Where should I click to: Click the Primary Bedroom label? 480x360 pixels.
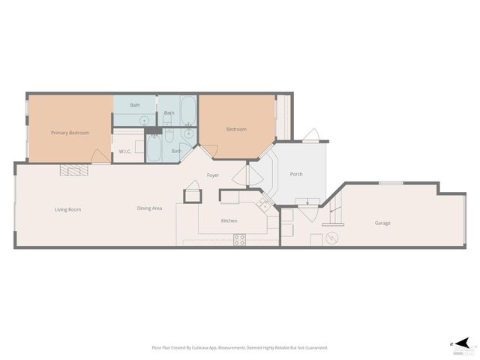(x=70, y=133)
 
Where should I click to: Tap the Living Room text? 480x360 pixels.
(x=67, y=209)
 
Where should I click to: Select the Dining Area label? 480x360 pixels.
(x=149, y=208)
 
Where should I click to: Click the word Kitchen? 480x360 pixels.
(x=229, y=220)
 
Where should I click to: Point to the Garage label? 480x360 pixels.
(x=382, y=223)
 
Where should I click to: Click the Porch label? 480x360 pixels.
(x=295, y=175)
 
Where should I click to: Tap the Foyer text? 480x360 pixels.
(x=213, y=175)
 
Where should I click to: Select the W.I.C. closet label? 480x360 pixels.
(x=125, y=151)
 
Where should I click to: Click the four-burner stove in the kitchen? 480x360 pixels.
(x=240, y=239)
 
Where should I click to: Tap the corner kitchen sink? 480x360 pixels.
(x=262, y=203)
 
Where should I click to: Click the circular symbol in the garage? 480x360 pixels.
(x=332, y=238)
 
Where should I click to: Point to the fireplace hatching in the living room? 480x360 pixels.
(x=74, y=170)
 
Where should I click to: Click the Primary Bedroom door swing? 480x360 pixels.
(x=98, y=156)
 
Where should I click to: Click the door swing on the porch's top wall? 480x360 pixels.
(x=311, y=136)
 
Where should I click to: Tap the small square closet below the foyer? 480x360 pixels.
(x=193, y=195)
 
